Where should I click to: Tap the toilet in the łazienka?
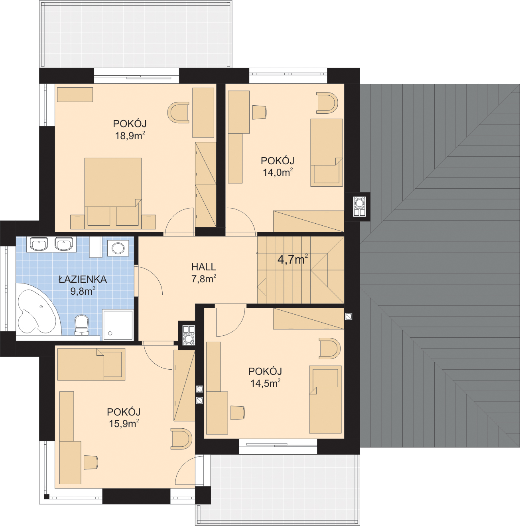tap(82, 325)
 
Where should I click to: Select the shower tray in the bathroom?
tap(118, 325)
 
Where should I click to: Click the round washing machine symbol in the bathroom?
tap(118, 248)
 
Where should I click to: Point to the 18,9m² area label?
tap(130, 136)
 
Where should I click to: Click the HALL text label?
tap(204, 267)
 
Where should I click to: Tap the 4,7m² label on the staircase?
tap(293, 259)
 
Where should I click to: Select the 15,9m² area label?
tap(124, 424)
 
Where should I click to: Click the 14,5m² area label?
tap(265, 384)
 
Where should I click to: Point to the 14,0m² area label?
tap(278, 173)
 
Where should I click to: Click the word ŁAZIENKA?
tap(83, 279)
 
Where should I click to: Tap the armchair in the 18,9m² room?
tap(178, 112)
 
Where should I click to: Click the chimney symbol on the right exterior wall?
tap(359, 207)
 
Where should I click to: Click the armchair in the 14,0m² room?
tap(327, 103)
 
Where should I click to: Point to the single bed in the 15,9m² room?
tap(91, 364)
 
